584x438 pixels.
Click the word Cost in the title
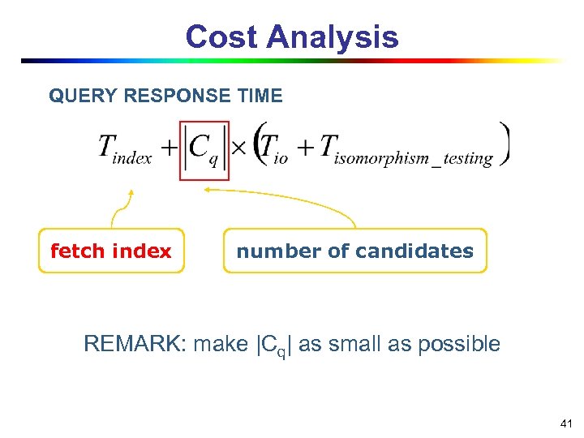221,37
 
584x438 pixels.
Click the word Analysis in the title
333,37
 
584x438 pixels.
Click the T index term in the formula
125,149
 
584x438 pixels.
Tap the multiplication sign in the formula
241,150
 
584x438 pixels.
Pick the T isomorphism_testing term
406,150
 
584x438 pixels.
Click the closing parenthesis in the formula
505,144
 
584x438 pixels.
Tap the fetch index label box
111,251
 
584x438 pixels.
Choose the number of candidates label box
354,251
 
